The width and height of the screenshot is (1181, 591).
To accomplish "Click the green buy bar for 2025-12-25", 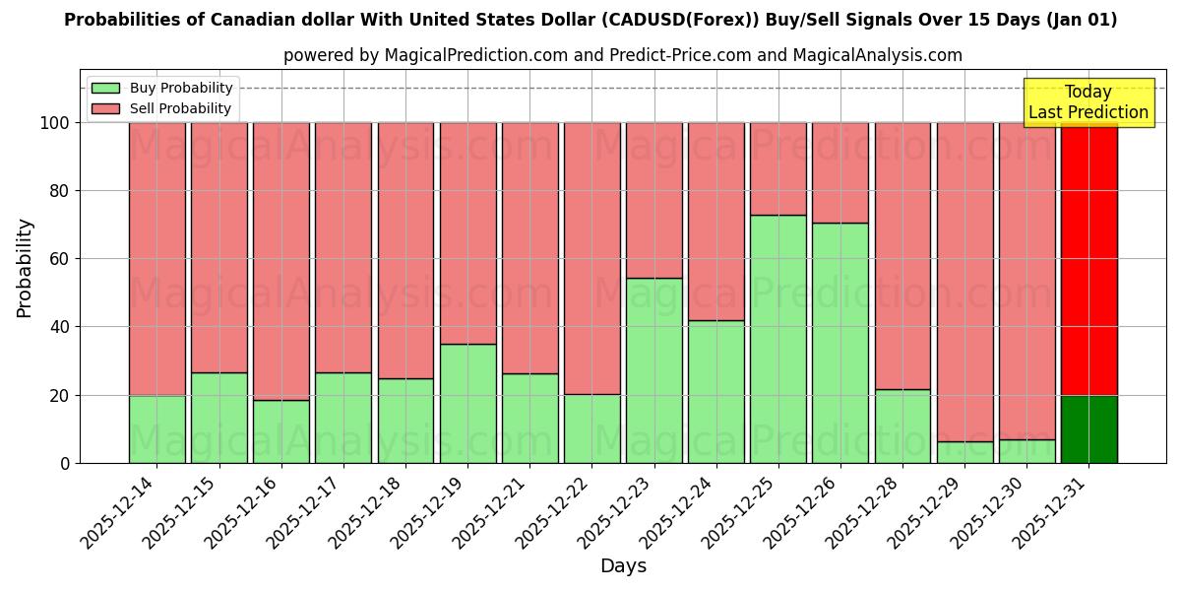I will (x=777, y=339).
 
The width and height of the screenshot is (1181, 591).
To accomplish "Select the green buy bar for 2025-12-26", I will (x=840, y=343).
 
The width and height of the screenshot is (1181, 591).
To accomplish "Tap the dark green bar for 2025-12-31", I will (x=1088, y=428).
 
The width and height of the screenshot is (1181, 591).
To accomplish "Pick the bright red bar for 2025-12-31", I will (x=1088, y=258).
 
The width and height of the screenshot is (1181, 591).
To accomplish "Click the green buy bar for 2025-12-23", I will (x=653, y=370).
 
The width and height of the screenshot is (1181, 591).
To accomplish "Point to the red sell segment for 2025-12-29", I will (x=964, y=282).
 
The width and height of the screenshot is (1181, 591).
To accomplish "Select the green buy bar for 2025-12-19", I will (x=467, y=403).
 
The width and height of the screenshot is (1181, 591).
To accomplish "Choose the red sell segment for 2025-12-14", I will (x=156, y=258).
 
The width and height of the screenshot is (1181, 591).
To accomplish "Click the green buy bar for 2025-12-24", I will (x=715, y=391).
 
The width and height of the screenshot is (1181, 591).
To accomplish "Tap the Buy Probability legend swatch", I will (x=105, y=89).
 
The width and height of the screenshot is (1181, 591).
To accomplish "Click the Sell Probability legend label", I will (x=180, y=109).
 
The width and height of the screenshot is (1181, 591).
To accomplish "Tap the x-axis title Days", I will (x=623, y=566).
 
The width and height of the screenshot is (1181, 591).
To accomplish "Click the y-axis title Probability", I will (x=25, y=267).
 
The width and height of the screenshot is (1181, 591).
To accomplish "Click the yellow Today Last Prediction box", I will (x=1088, y=102).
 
